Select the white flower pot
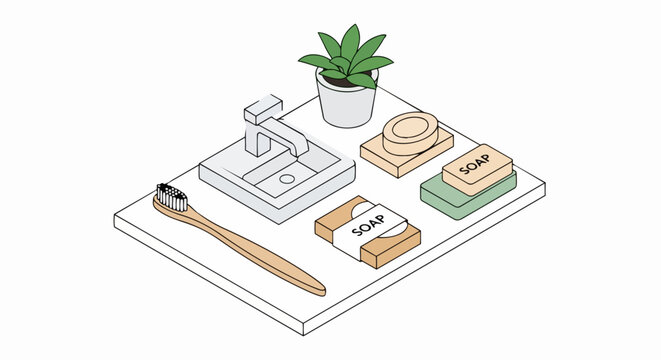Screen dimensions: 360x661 click(346, 105)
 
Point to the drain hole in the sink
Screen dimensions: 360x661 click(288, 179)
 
